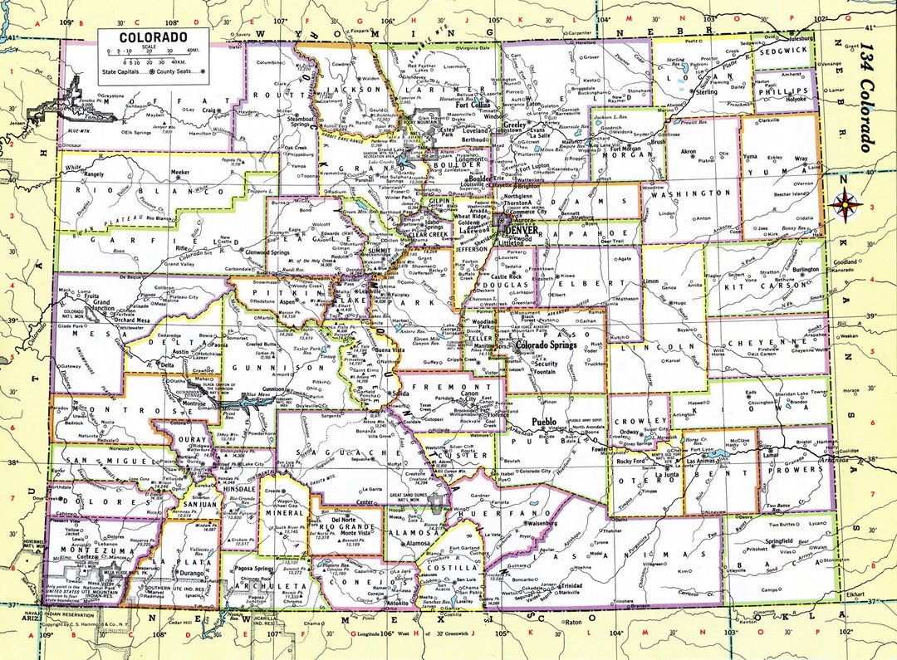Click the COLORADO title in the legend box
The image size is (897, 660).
153,37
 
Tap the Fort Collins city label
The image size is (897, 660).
472,105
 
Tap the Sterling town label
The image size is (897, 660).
706,91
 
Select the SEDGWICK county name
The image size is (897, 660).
783,50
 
